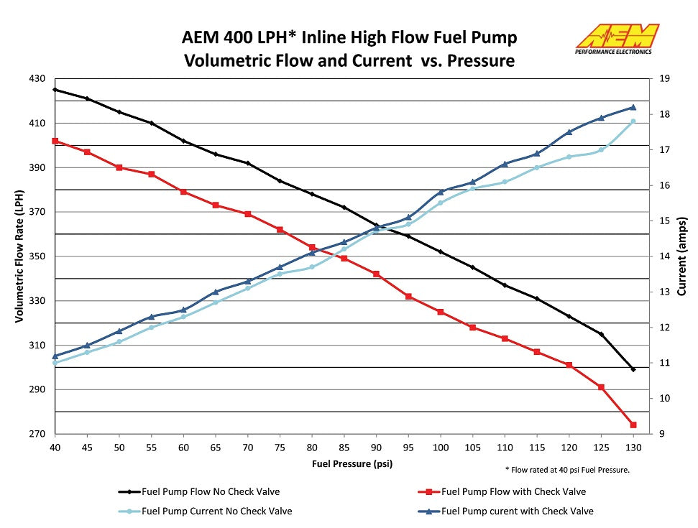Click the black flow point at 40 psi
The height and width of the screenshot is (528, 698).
pyautogui.click(x=55, y=90)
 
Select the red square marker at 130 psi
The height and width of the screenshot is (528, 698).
pyautogui.click(x=633, y=425)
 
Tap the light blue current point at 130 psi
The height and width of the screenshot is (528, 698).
pyautogui.click(x=633, y=121)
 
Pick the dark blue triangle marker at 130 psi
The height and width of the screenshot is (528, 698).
pyautogui.click(x=633, y=107)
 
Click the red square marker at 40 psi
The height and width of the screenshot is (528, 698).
pyautogui.click(x=55, y=141)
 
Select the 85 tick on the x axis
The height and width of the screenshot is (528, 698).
pyautogui.click(x=344, y=447)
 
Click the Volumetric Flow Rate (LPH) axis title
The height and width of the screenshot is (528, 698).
pyautogui.click(x=19, y=256)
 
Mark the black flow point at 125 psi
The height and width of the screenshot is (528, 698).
pyautogui.click(x=601, y=334)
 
